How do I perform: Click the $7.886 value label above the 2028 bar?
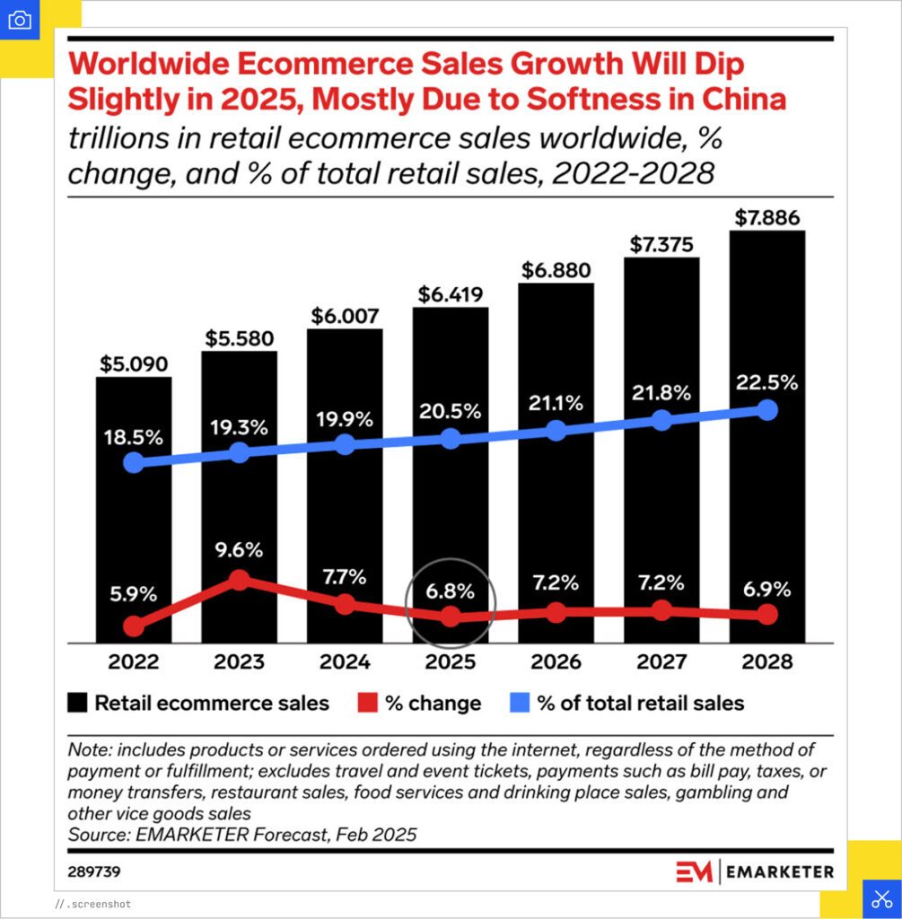(x=766, y=218)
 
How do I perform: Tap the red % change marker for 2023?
(x=239, y=581)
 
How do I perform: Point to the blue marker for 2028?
(x=766, y=410)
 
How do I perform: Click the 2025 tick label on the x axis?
(x=450, y=662)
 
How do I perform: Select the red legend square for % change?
(x=366, y=703)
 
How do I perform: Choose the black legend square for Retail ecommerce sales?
(x=77, y=703)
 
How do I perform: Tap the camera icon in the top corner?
(x=20, y=20)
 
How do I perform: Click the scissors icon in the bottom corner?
(x=881, y=898)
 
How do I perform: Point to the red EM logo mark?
(x=695, y=871)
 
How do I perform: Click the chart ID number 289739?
(x=94, y=871)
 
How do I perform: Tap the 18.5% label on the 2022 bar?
(x=134, y=438)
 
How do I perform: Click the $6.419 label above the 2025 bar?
(x=450, y=294)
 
